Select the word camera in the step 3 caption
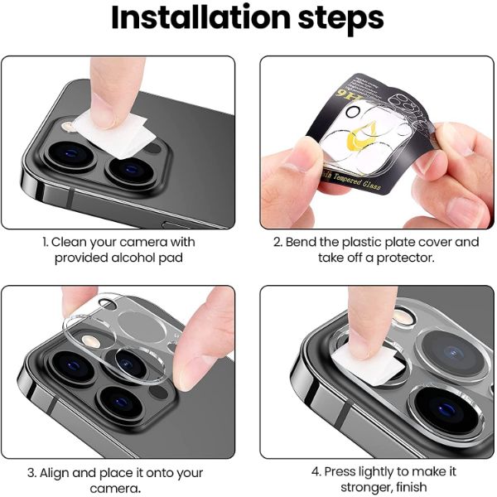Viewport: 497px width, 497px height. pos(109,488)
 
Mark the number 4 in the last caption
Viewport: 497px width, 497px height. pos(316,471)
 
